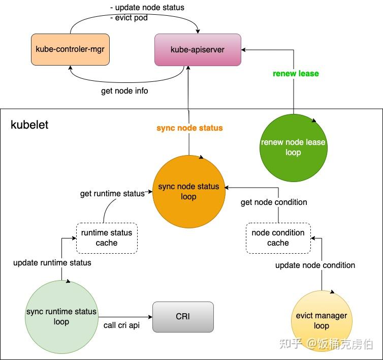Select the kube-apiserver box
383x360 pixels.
pos(198,49)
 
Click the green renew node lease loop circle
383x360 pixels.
pos(293,147)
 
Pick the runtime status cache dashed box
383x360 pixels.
pos(107,238)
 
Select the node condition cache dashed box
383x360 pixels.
pos(278,238)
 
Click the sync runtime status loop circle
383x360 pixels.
pos(61,317)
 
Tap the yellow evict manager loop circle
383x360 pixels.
pos(321,320)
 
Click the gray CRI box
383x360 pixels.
pos(183,317)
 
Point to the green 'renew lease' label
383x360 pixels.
pos(296,74)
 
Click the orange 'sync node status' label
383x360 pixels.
pos(189,128)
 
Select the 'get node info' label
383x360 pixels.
pos(124,92)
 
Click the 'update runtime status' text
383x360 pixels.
pos(52,263)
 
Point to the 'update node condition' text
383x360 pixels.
pos(315,265)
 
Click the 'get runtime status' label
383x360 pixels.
pos(112,194)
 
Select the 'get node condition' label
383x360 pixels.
pos(274,202)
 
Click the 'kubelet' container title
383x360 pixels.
pos(29,125)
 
